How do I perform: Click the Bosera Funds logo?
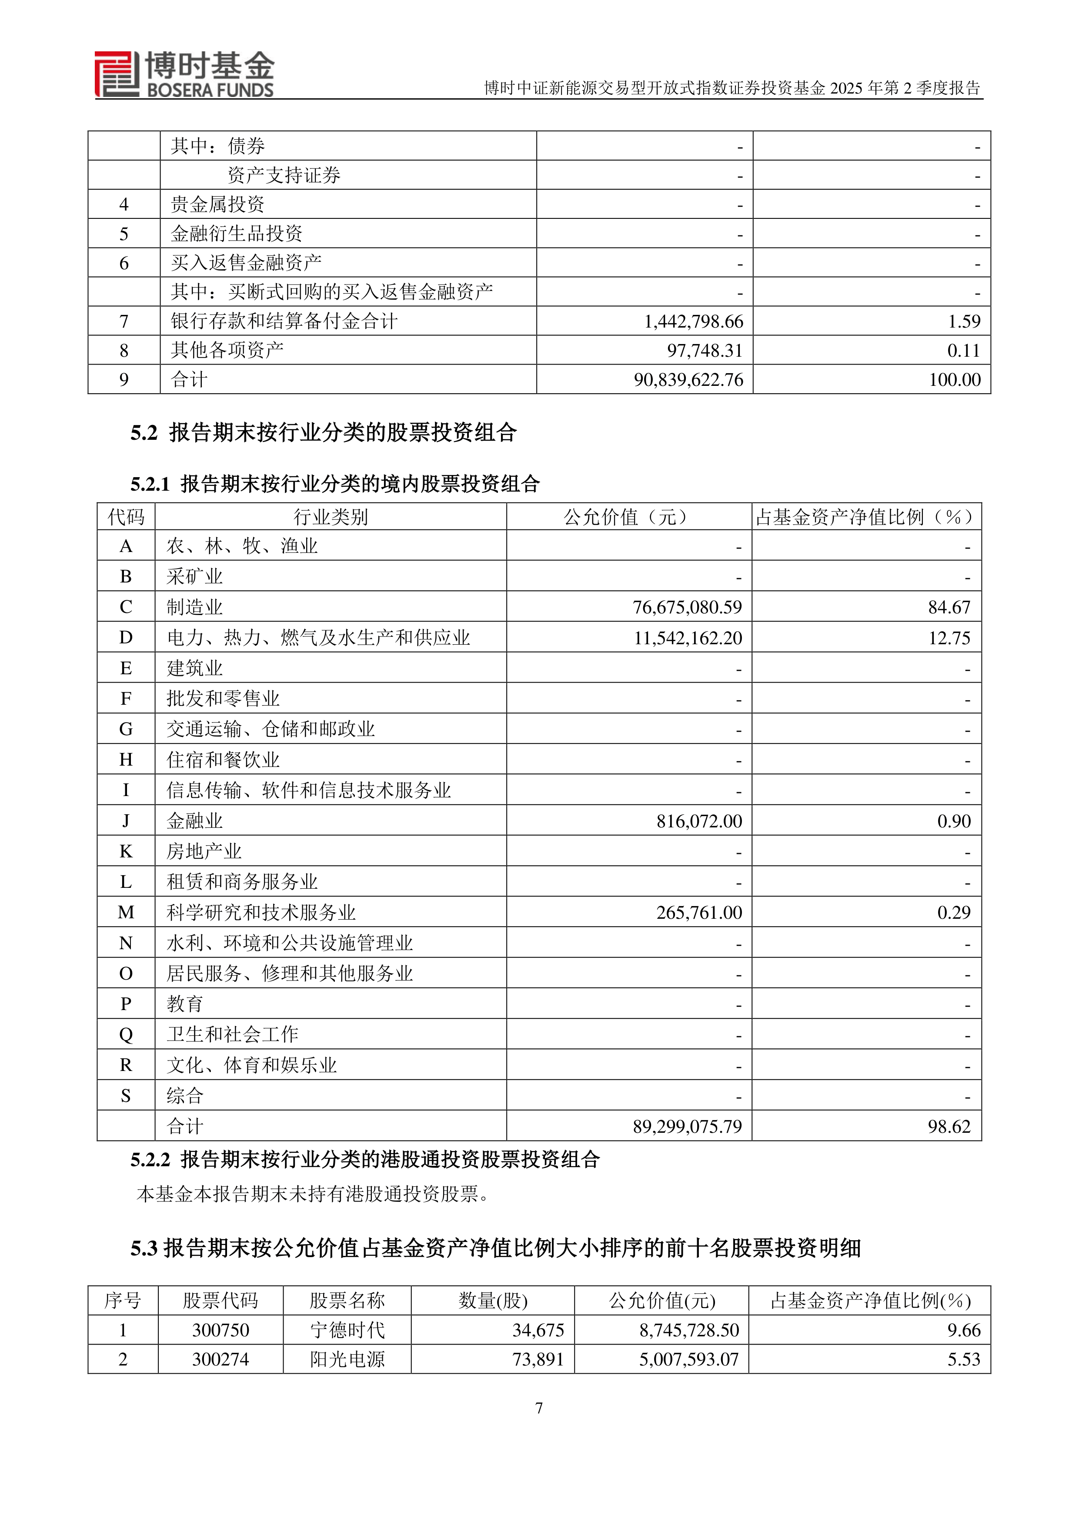point(184,74)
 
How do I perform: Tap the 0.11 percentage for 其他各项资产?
point(963,351)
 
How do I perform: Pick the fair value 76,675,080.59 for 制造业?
point(687,607)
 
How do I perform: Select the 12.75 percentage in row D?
point(949,638)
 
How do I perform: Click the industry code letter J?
point(126,821)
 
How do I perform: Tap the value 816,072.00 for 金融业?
point(699,821)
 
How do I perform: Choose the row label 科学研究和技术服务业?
point(261,913)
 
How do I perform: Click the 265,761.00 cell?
point(699,913)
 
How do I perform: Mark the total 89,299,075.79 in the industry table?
point(687,1127)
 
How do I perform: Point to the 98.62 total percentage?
point(949,1127)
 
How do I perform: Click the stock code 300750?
point(220,1331)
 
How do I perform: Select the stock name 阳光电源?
point(347,1360)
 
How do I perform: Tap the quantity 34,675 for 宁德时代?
point(538,1331)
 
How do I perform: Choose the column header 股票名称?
point(347,1301)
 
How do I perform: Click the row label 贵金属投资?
point(217,205)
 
